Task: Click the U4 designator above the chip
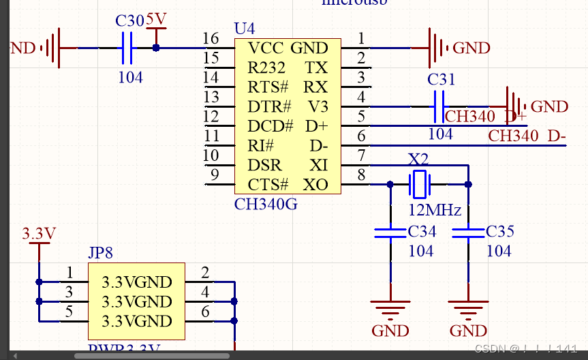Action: [x=244, y=29]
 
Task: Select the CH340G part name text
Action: [x=266, y=204]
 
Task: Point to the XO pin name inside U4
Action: [x=315, y=185]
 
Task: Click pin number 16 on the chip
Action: [x=211, y=39]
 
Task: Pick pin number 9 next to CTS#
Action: [x=215, y=175]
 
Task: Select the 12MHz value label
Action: [x=435, y=209]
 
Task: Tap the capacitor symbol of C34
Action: [x=390, y=233]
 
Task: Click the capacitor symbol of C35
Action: [x=469, y=233]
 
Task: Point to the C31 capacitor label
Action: [x=441, y=80]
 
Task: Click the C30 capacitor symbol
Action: [x=127, y=48]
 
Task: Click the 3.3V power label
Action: [x=39, y=233]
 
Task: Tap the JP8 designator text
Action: [x=101, y=253]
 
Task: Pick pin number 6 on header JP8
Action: [x=206, y=312]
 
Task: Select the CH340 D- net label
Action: [x=527, y=136]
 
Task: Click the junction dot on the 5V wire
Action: [x=156, y=48]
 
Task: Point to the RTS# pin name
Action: [x=268, y=87]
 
